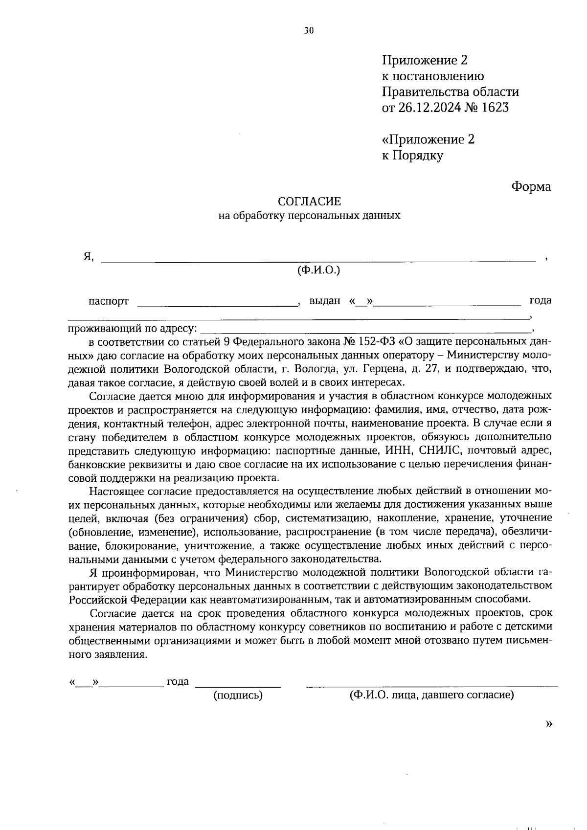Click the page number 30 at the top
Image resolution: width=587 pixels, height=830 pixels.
[309, 30]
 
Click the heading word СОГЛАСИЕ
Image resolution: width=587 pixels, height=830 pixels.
[309, 202]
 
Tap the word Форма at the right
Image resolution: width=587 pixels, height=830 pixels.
[531, 187]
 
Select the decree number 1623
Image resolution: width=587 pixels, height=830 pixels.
[495, 108]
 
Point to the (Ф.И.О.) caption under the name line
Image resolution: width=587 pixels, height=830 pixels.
[318, 270]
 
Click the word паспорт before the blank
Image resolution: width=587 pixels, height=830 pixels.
[109, 301]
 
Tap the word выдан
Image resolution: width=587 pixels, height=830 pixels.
[325, 301]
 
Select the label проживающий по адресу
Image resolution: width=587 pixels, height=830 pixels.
[133, 328]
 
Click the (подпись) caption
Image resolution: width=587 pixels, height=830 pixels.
[238, 695]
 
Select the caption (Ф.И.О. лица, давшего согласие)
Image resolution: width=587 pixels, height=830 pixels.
[431, 695]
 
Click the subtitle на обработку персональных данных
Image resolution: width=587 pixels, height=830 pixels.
[309, 215]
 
